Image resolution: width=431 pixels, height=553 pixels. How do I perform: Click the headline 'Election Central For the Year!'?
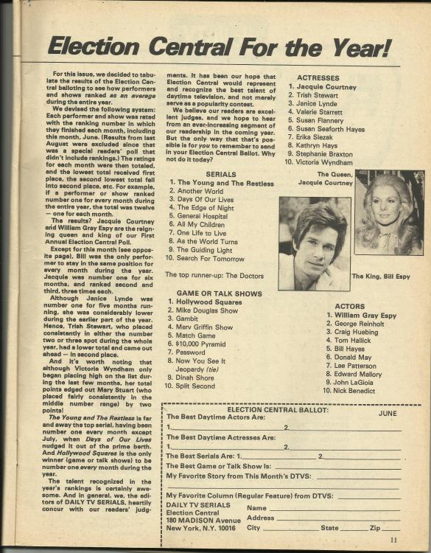click(218, 47)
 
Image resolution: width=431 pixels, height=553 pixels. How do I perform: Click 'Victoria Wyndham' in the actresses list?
click(332, 162)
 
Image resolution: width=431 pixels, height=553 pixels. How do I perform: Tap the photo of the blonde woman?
click(388, 212)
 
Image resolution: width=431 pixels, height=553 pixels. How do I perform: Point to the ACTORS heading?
click(349, 305)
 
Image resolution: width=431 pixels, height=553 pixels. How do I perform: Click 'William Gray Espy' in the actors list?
click(362, 315)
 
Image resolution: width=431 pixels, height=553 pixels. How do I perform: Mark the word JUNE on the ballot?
click(388, 414)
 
